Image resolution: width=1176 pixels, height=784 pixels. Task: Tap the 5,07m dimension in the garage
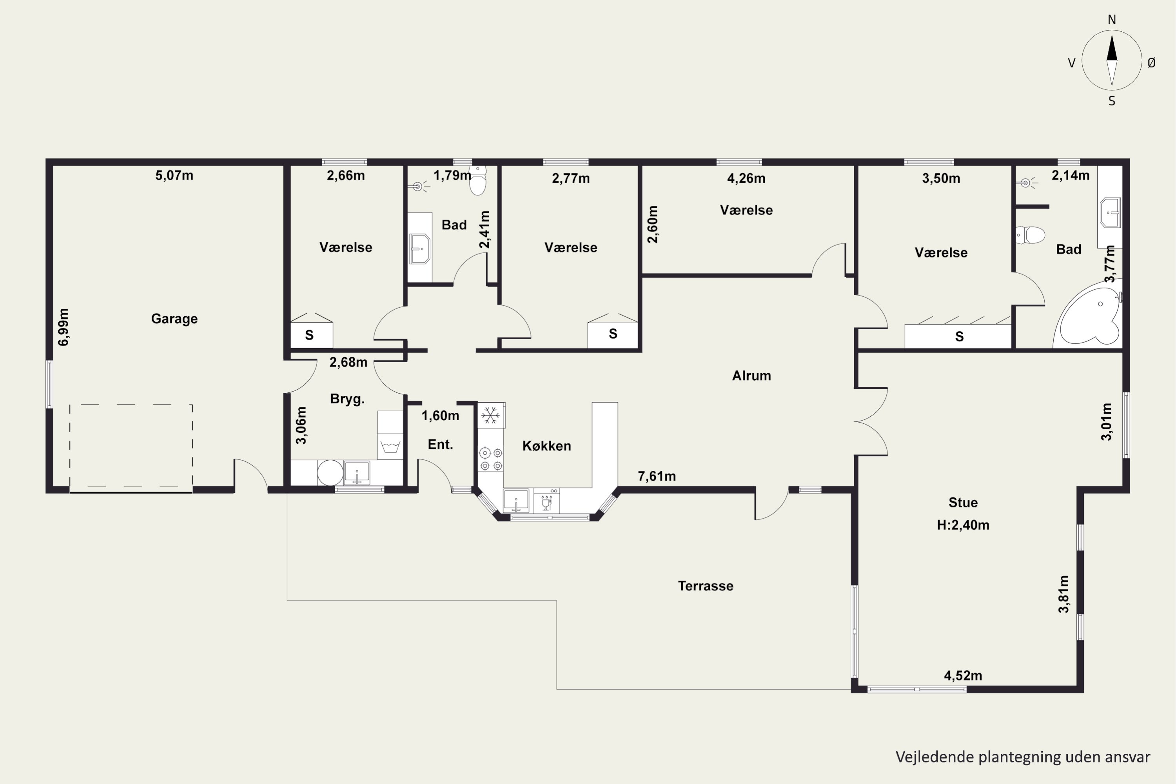coord(174,176)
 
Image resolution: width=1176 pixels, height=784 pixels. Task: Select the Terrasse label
coord(706,586)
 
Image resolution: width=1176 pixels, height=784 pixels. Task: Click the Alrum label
coord(751,376)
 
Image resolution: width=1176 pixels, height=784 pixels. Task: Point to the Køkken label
coord(546,445)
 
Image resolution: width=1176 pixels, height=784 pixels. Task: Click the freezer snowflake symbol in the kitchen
coord(490,415)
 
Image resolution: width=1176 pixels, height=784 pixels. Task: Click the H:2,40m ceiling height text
coord(963,525)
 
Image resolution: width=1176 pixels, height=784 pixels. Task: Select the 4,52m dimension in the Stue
coord(963,676)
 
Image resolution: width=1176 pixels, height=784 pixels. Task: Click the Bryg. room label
coord(347,399)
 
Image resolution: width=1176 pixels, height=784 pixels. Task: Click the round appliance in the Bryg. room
coord(330,472)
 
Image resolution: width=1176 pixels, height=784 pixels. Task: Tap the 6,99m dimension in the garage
coord(64,327)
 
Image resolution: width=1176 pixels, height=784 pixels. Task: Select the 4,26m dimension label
coord(746,178)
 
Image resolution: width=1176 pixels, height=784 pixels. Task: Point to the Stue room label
coord(963,503)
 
